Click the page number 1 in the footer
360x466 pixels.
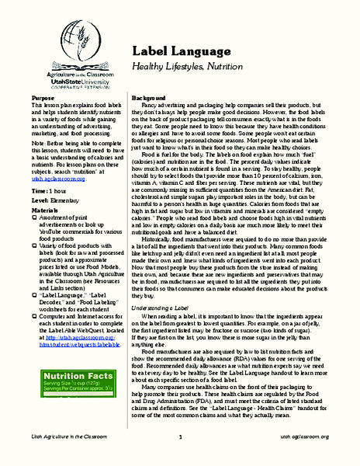tap(179, 459)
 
